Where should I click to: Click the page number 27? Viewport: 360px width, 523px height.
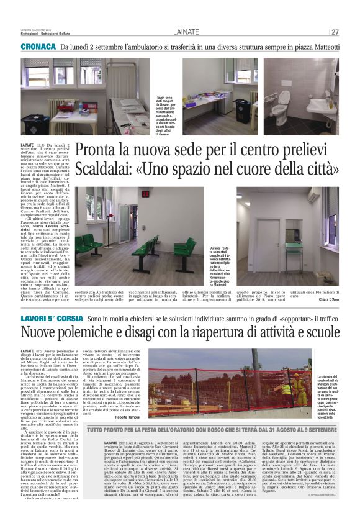(335, 32)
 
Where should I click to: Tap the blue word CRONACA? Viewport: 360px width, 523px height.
(39, 47)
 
